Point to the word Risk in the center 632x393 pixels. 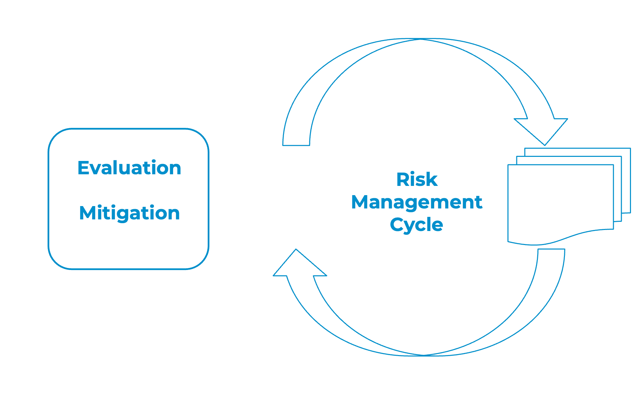click(417, 179)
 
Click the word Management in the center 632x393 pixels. click(417, 202)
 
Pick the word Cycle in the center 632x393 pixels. click(416, 225)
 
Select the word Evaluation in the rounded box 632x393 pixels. click(129, 168)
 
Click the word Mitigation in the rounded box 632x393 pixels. click(129, 213)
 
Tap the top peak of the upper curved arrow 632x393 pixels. click(419, 39)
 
